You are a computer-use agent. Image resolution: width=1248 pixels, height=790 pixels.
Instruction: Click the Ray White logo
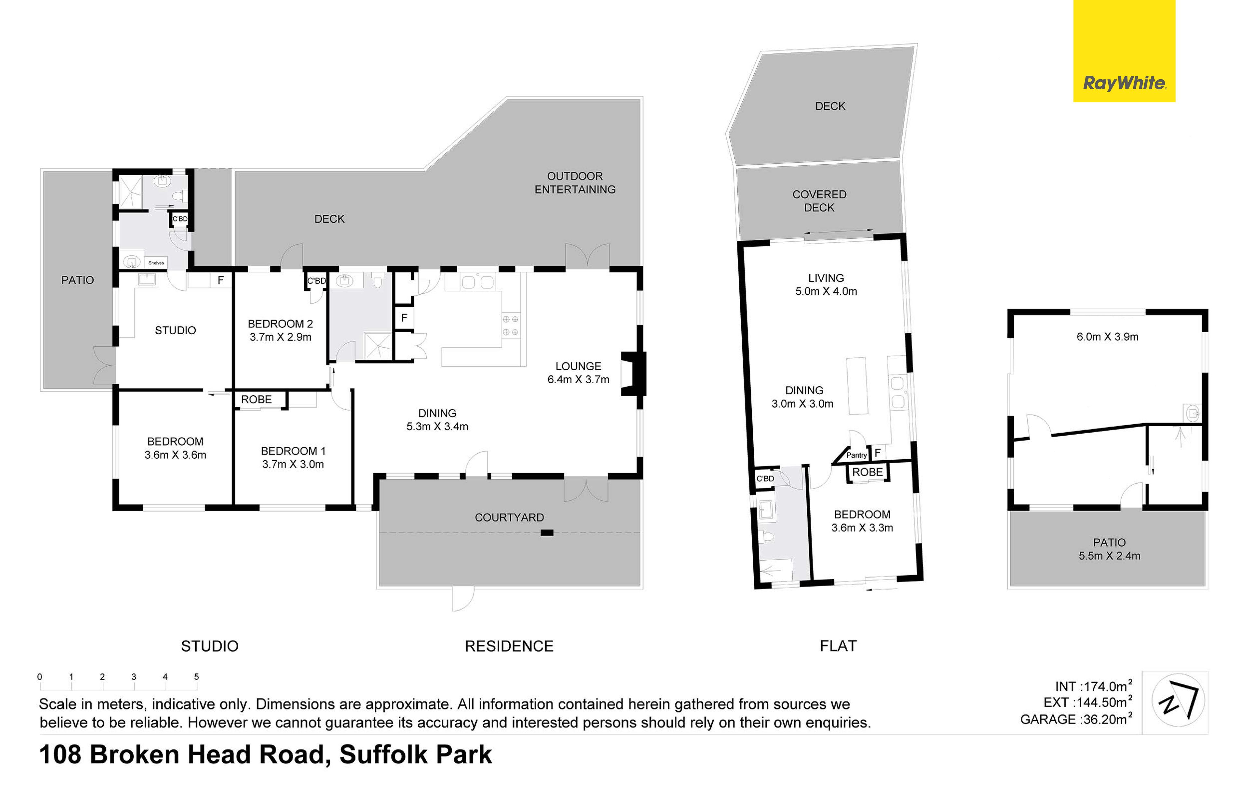[1124, 51]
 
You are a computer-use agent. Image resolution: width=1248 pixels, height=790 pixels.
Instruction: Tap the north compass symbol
[1178, 700]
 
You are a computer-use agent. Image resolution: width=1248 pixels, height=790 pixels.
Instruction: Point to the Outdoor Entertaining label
[575, 183]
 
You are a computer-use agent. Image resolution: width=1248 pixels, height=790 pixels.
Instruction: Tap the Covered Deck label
[819, 201]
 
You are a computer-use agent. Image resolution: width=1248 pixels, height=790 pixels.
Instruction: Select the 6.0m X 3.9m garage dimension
[1108, 337]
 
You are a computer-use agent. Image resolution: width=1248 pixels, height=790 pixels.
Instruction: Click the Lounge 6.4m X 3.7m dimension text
[578, 379]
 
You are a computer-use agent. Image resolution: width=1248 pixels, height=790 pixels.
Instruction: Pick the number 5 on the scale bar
[196, 677]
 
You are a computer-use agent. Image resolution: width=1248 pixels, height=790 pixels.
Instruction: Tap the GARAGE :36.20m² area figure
[1076, 719]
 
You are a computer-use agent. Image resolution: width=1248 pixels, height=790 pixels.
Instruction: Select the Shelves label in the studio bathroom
[156, 263]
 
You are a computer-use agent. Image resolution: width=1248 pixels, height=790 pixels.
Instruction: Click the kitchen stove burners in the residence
[510, 326]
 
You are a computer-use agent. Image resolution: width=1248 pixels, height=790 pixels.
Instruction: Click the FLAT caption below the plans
[838, 646]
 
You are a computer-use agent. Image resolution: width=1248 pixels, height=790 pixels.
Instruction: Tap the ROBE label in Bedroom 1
[256, 400]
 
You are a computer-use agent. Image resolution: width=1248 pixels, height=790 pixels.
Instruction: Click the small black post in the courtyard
[547, 532]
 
